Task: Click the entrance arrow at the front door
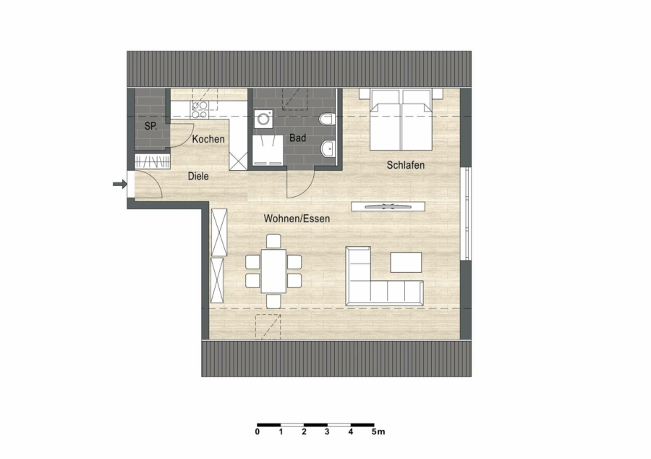tap(120, 184)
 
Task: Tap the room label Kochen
tap(208, 139)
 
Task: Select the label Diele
tap(198, 176)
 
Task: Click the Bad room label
tap(298, 138)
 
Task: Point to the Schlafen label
tap(406, 165)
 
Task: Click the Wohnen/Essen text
tap(297, 219)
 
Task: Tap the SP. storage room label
tap(151, 126)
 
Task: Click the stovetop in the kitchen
tap(200, 110)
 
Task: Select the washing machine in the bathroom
tap(265, 119)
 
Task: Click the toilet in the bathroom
tap(326, 119)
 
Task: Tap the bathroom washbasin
tap(328, 148)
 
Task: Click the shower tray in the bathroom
tap(268, 151)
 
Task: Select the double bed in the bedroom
tap(401, 119)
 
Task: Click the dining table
tap(273, 271)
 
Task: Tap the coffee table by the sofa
tap(406, 262)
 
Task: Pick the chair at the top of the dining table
tap(273, 241)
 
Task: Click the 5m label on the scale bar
tap(378, 432)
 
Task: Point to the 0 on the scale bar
tap(258, 432)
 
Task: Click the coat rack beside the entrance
tap(153, 161)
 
